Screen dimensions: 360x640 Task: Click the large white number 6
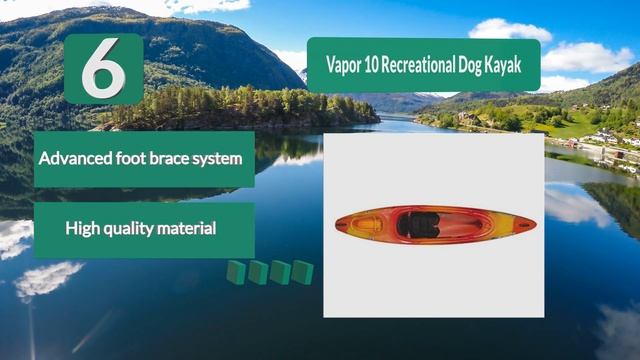tap(103, 68)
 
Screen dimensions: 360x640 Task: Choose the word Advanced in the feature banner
tap(74, 158)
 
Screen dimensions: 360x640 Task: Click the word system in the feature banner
tap(218, 158)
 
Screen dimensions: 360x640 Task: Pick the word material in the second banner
tap(187, 229)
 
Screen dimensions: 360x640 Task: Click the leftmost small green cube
tap(236, 272)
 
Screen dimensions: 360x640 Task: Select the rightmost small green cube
tap(302, 271)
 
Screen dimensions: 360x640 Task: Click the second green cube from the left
tap(258, 272)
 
